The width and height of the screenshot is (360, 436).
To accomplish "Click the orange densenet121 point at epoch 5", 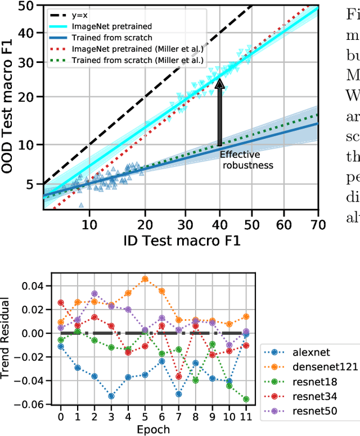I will tap(145, 279).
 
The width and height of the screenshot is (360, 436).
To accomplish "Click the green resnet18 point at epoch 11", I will tap(246, 399).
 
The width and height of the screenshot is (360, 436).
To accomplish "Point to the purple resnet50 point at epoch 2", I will tap(94, 294).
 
